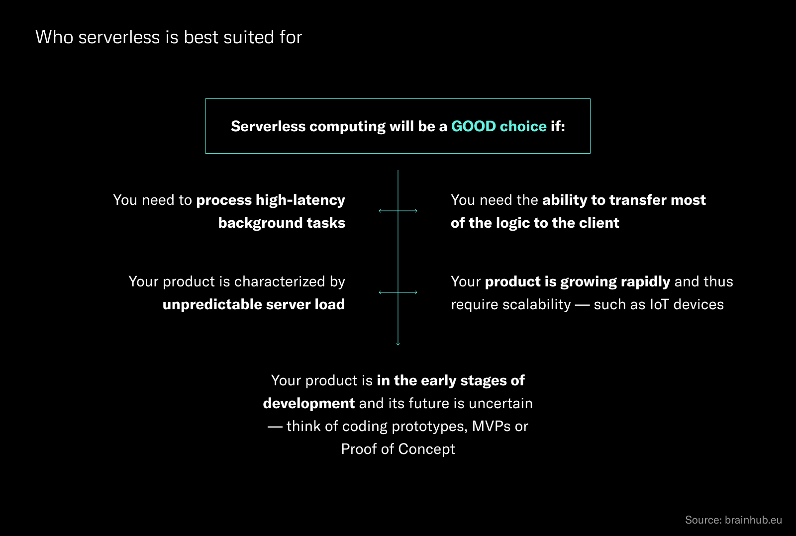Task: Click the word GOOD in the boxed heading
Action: pyautogui.click(x=473, y=126)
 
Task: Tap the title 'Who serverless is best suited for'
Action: pyautogui.click(x=169, y=37)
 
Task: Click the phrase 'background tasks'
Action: pyautogui.click(x=282, y=223)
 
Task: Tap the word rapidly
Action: pyautogui.click(x=645, y=281)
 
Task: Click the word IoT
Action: pyautogui.click(x=659, y=304)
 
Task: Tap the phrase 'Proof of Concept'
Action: pyautogui.click(x=398, y=449)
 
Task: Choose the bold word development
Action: pyautogui.click(x=309, y=403)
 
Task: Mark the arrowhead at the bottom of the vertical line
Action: pyautogui.click(x=398, y=343)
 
